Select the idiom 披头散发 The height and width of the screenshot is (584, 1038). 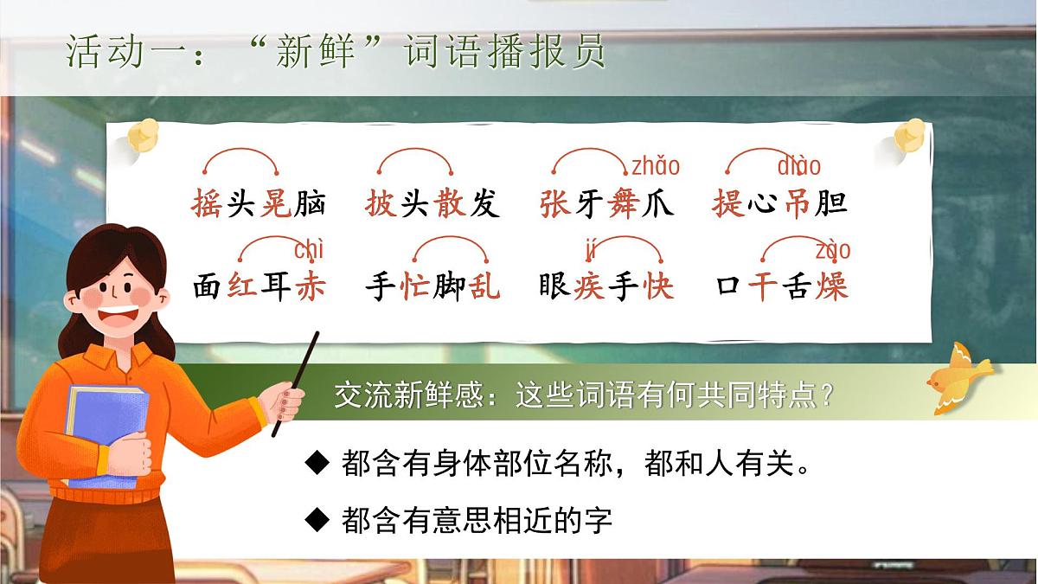tap(432, 204)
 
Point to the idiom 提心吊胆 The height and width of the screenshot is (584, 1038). tap(779, 204)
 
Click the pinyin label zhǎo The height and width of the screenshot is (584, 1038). tap(656, 165)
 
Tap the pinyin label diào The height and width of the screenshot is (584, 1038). tap(799, 165)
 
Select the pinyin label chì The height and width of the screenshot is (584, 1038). tap(309, 250)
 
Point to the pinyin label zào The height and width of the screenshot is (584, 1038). tap(832, 250)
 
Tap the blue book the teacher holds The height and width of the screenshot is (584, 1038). tap(104, 433)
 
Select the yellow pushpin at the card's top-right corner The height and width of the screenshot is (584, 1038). tap(910, 136)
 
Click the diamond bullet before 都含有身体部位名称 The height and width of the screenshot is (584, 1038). tap(319, 463)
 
